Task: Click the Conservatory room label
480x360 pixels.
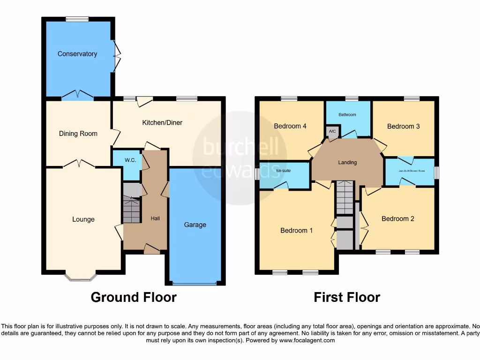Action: [77, 54]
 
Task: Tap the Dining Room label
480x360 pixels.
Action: [78, 134]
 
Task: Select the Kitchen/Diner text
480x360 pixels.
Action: [162, 123]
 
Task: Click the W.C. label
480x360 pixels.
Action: [130, 160]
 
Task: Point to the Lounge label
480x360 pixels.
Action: [83, 219]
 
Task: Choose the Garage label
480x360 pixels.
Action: [195, 225]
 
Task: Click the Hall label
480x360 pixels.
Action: [156, 218]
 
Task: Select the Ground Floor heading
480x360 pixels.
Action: [134, 297]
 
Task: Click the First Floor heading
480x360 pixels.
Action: [347, 297]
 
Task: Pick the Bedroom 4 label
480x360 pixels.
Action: [290, 126]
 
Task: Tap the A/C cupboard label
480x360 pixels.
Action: [332, 131]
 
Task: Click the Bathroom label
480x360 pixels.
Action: [347, 115]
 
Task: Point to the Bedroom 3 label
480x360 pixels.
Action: [403, 126]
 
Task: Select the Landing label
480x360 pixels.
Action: [347, 163]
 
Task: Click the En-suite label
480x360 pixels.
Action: [283, 171]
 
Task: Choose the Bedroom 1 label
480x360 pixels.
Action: [297, 230]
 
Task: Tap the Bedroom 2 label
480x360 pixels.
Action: [398, 218]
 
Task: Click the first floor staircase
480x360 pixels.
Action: [345, 197]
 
